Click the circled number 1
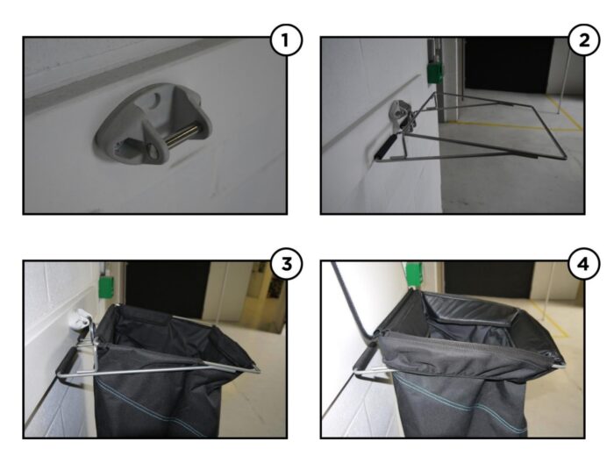point(286,39)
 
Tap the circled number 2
point(584,39)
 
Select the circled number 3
point(286,264)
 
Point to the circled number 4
point(584,264)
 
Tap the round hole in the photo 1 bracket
point(157,97)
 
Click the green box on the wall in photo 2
point(435,73)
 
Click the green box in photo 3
point(106,287)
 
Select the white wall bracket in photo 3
point(81,318)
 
